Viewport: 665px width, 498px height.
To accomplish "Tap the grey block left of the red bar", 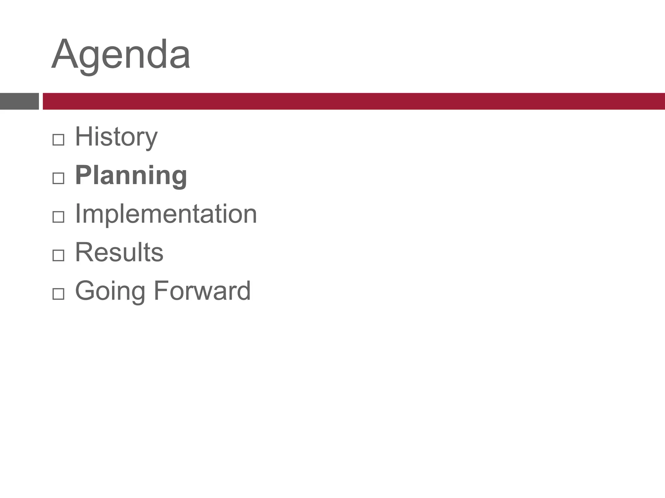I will point(19,101).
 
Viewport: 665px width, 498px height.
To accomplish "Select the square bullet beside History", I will point(58,140).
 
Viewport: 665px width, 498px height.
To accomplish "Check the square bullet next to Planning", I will point(58,178).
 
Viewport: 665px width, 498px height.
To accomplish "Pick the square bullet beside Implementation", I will point(58,217).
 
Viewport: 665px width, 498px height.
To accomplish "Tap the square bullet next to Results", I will point(58,255).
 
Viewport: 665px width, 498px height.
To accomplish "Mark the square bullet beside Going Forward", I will point(58,294).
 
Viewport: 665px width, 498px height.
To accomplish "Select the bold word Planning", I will point(131,176).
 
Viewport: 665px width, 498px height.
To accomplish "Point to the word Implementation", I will point(166,214).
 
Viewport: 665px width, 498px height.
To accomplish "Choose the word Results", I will point(119,252).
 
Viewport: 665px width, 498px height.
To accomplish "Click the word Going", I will point(110,291).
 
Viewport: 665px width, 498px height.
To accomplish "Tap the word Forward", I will point(202,290).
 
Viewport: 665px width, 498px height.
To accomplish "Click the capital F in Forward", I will point(160,290).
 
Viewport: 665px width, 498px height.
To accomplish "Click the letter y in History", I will point(151,139).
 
